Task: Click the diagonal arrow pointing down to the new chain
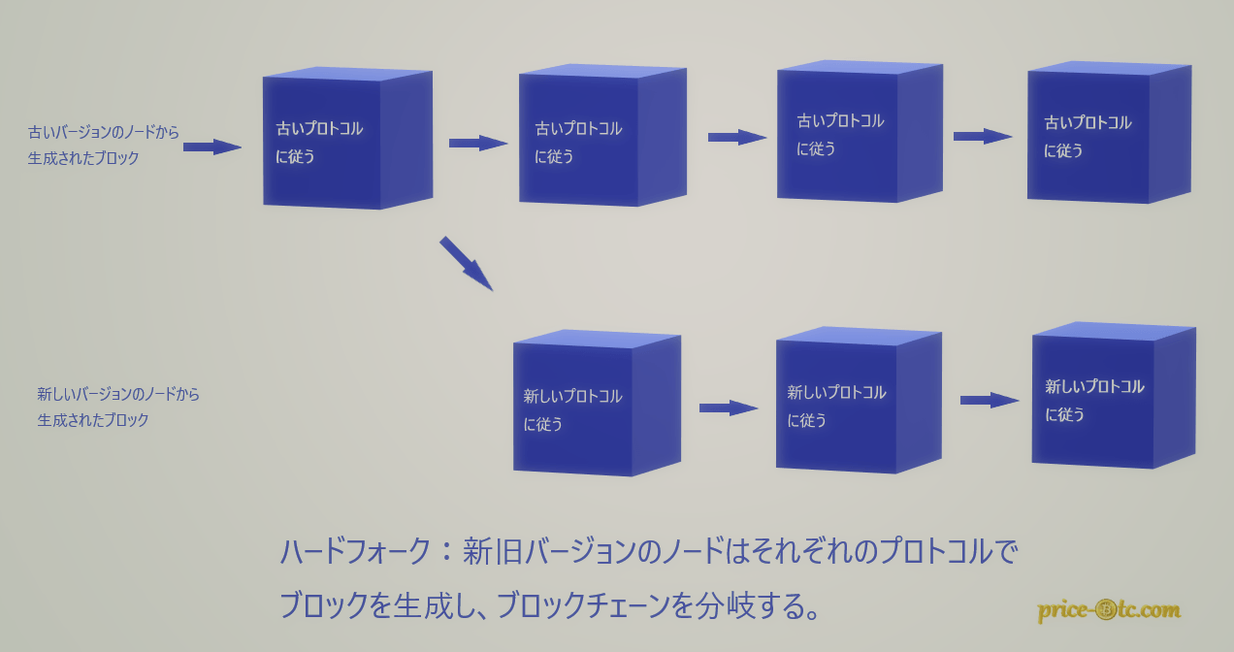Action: pos(467,264)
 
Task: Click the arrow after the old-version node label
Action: pos(211,147)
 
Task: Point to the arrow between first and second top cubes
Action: pos(478,143)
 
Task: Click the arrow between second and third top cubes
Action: pos(737,137)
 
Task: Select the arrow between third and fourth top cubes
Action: pos(983,136)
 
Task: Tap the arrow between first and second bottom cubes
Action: pos(729,407)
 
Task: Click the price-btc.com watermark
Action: pos(1109,610)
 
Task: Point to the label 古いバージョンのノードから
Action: pos(104,132)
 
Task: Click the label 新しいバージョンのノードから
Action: pos(118,394)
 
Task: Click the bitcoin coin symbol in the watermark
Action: pos(1105,610)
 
